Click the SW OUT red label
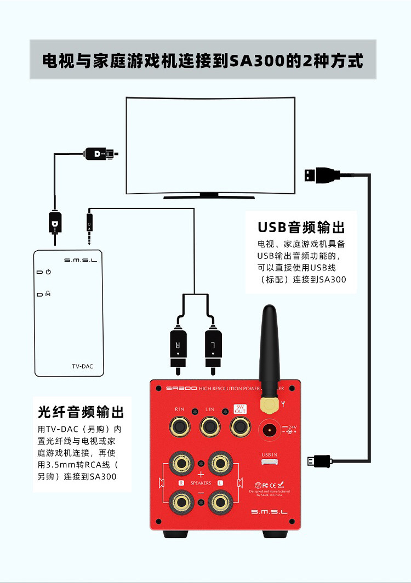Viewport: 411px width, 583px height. point(240,409)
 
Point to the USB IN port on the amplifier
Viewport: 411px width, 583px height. point(269,463)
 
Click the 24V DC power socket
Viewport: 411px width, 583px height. point(269,430)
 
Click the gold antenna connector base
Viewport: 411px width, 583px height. point(268,405)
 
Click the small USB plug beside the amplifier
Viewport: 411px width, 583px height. point(319,461)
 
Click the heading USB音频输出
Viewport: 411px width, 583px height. point(301,227)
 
